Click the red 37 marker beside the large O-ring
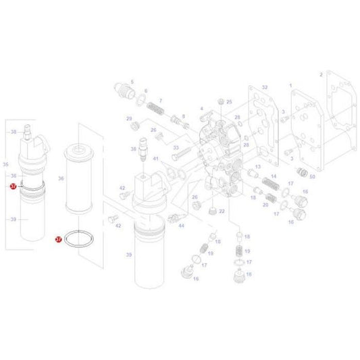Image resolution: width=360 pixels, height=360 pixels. tap(58, 238)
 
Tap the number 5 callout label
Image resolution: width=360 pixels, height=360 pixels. tap(132, 81)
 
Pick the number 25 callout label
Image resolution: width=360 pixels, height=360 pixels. tap(229, 101)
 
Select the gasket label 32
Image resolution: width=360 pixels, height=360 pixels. tap(265, 88)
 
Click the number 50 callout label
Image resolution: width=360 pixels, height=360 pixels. tap(312, 176)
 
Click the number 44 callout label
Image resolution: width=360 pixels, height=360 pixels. tap(181, 226)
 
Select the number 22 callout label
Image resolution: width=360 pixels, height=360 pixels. tap(222, 211)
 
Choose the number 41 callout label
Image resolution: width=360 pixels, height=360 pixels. tap(155, 159)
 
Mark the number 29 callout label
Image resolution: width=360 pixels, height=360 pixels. tap(128, 119)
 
